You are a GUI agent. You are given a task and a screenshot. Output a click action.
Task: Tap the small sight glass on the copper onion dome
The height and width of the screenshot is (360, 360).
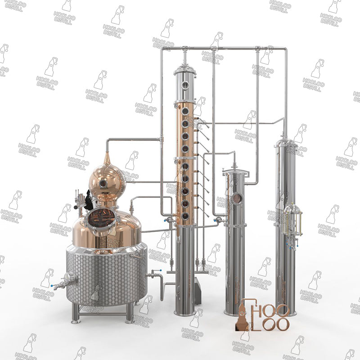click(x=103, y=183)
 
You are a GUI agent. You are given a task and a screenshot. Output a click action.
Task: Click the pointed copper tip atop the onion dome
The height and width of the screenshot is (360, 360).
click(x=107, y=158)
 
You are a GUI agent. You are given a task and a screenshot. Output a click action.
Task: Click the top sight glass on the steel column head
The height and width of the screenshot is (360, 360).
click(x=184, y=85)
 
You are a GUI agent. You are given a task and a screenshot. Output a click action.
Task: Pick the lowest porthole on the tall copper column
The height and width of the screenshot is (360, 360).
click(x=185, y=216)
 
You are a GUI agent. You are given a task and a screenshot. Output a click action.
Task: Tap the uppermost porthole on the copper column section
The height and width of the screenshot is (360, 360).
click(x=184, y=111)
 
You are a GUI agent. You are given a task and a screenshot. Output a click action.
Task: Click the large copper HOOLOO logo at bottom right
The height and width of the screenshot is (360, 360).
click(x=263, y=315)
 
